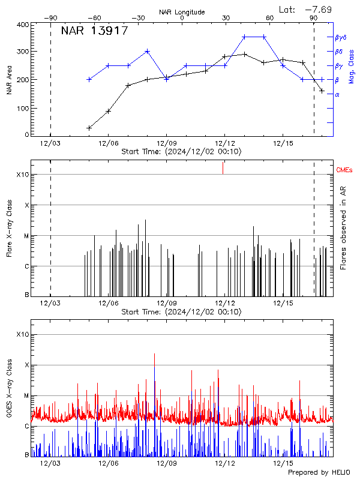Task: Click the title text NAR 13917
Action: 94,31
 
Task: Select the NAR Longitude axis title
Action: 182,12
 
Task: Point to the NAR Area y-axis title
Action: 10,79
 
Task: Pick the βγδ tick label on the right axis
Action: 340,37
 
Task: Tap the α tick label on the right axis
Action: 337,95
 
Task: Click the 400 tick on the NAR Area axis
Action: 23,25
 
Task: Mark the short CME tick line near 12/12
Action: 223,168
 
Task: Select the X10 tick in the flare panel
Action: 22,175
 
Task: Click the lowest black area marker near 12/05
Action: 89,128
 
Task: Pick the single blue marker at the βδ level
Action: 148,52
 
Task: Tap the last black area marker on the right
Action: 322,91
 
